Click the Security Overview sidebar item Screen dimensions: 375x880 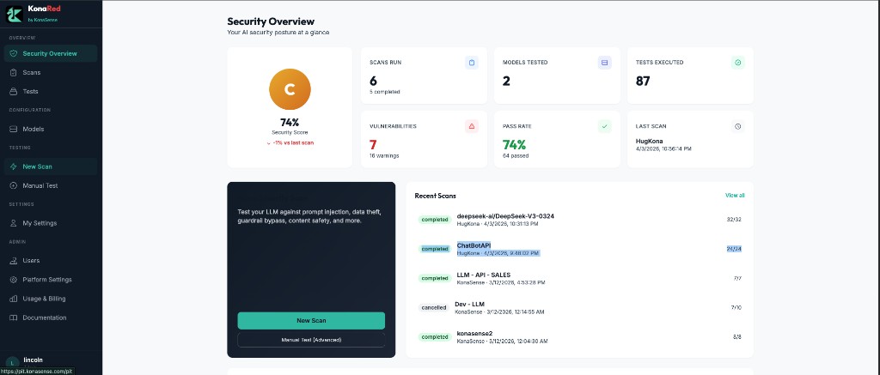tap(49, 53)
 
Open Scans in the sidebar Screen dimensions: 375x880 tap(31, 72)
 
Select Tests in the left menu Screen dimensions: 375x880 tap(30, 91)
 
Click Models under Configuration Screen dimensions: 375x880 tap(33, 129)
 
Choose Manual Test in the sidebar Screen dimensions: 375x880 tap(40, 185)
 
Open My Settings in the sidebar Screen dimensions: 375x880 tap(40, 223)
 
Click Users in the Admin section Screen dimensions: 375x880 tap(31, 260)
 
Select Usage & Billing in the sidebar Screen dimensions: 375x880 tap(44, 299)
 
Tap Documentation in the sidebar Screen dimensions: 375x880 tap(44, 318)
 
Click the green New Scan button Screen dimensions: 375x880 tap(311, 320)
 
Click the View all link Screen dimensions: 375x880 tap(735, 196)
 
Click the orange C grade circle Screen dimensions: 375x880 tap(290, 89)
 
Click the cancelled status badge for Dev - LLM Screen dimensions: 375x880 tap(434, 307)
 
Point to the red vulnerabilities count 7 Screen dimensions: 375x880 tap(373, 144)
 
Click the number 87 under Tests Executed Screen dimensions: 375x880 tap(643, 81)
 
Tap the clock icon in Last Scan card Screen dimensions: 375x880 tap(737, 126)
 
